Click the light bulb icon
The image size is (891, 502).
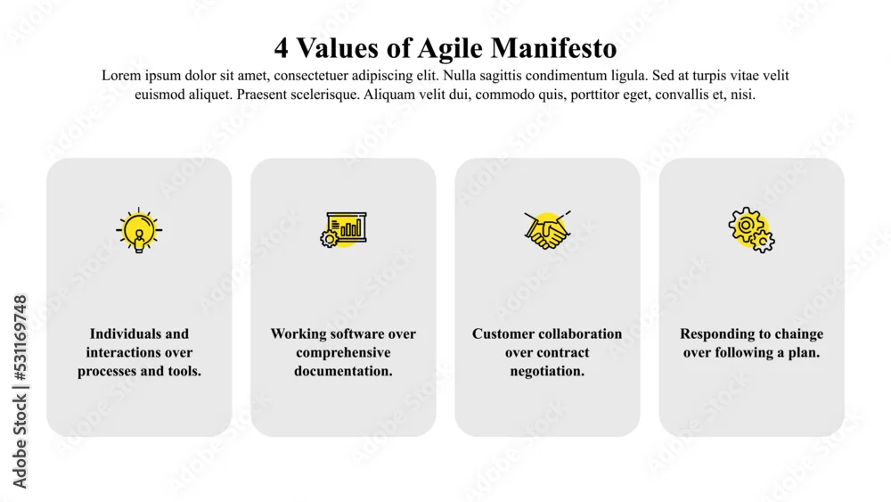tap(139, 230)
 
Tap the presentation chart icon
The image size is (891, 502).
tap(343, 229)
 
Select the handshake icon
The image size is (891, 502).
tap(547, 230)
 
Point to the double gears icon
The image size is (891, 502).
tap(751, 230)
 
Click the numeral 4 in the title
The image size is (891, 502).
tap(281, 48)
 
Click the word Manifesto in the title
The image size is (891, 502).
tap(554, 48)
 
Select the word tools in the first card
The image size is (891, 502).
tap(183, 371)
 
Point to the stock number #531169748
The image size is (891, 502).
tap(20, 338)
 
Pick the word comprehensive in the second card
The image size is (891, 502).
tap(343, 353)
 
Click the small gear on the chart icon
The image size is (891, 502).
tap(329, 239)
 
